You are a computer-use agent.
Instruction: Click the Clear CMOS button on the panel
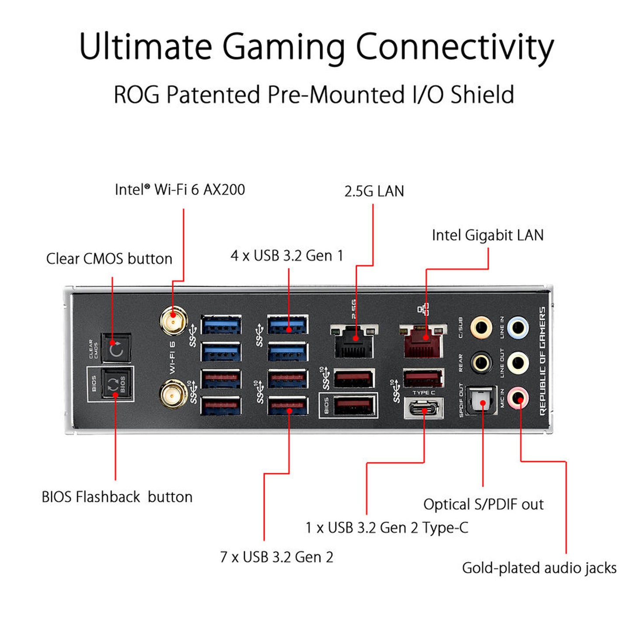pos(116,348)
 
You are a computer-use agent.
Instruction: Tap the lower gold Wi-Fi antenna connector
pos(173,393)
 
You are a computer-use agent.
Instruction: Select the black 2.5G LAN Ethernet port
pos(354,342)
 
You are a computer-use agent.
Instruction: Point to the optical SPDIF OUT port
pos(482,400)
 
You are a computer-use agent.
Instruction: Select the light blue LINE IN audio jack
pos(518,327)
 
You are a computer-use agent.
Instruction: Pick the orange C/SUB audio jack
pos(481,327)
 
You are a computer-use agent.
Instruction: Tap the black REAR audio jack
pos(481,363)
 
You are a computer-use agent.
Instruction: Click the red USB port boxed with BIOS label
pos(354,405)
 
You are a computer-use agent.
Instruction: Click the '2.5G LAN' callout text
pos(374,192)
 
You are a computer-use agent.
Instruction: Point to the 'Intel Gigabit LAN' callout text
pos(488,235)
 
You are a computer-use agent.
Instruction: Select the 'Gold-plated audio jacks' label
pos(539,568)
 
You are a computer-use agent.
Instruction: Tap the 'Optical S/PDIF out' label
pos(483,504)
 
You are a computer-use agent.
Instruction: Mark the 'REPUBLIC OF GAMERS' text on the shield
pos(543,361)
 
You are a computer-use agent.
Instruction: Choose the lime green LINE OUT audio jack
pos(518,363)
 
